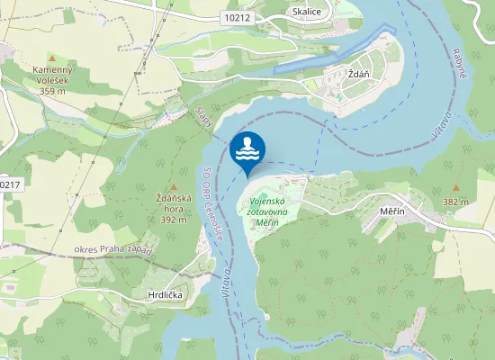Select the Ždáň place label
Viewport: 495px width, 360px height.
point(360,74)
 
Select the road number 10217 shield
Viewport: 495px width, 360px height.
point(9,184)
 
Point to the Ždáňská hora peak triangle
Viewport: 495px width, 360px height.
point(174,187)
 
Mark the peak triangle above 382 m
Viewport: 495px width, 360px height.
point(456,188)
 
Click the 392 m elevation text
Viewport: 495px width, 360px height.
point(174,219)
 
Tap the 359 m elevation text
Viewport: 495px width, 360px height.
point(53,91)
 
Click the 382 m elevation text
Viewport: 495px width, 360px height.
point(456,202)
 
